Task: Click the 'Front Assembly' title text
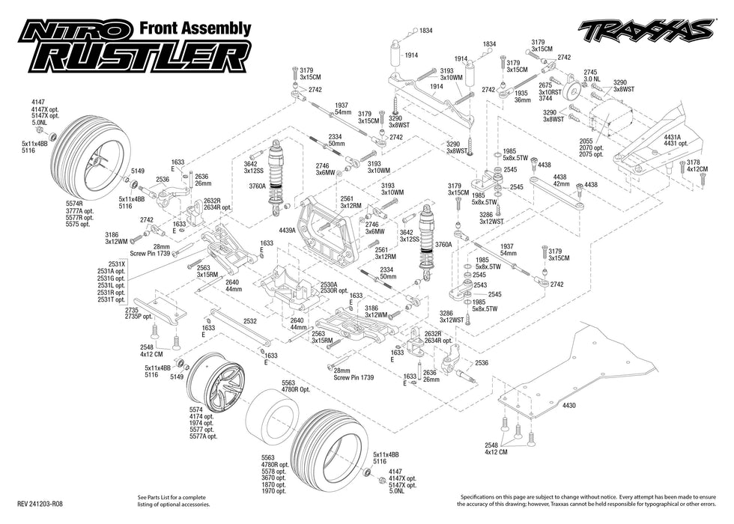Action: (195, 28)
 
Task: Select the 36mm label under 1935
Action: (522, 100)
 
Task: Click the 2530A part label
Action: (328, 284)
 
